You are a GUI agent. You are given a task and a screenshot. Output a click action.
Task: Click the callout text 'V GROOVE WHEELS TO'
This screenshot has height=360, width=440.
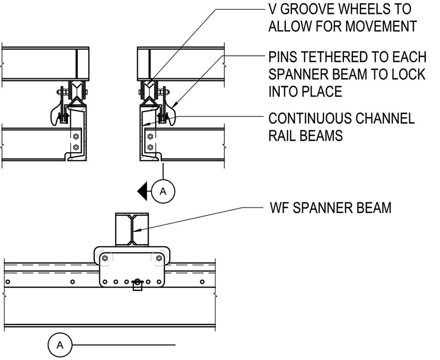pos(340,9)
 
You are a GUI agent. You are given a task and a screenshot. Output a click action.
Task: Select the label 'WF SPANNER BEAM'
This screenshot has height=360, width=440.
pos(330,208)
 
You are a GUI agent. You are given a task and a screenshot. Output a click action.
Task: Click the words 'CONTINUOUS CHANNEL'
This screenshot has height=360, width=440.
pos(342,118)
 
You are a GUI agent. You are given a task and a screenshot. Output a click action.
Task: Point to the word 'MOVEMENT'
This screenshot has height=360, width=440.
pos(381,26)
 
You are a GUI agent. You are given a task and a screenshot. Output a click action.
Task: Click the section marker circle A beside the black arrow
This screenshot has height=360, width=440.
pos(163,191)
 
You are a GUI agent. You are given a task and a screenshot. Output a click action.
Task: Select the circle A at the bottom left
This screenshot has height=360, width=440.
pos(60,345)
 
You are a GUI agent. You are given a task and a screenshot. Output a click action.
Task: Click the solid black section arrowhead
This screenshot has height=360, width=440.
pos(142,191)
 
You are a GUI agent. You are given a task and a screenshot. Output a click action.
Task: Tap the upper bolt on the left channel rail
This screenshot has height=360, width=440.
pos(76,137)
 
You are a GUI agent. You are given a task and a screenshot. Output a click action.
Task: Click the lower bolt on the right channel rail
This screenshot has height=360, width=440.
pos(150,147)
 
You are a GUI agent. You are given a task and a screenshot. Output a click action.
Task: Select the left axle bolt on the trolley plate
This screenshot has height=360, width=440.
pos(105,258)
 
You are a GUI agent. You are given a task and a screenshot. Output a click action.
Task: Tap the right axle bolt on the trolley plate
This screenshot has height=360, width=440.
pos(159,258)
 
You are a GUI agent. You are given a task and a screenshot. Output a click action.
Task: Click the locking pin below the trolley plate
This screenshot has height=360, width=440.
pos(137,284)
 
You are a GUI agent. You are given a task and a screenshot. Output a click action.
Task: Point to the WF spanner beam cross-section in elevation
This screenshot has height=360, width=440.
pos(132,229)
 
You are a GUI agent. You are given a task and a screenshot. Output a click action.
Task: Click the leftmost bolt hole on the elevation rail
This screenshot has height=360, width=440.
pos(8,282)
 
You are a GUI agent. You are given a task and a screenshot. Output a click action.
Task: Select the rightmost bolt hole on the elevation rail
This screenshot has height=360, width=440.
pos(202,282)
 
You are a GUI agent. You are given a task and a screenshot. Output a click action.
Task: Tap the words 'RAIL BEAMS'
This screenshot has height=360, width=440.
pos(306,136)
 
